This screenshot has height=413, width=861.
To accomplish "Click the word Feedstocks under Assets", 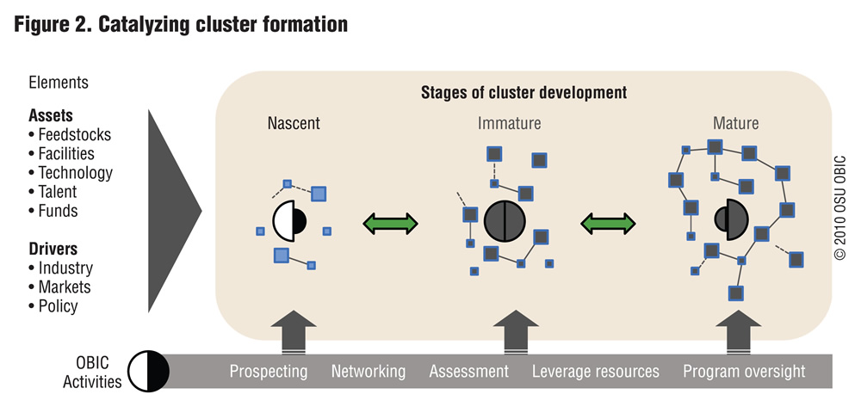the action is pos(75,135).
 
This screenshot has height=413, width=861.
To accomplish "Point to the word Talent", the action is pos(58,192).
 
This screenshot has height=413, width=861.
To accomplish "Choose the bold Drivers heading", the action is pos(53,249).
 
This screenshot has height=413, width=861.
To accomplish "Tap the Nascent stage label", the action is pos(294,123).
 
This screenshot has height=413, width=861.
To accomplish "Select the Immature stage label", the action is pos(509,123).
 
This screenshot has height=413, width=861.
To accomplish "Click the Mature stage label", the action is pos(736,123).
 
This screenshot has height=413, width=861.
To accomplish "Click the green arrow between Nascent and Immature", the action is pos(390,223).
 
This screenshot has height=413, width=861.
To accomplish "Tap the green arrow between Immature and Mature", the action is pos(608,223).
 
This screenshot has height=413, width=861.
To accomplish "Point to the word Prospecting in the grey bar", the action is pos(269,372).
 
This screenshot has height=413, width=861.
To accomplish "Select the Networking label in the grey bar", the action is pos(369,372).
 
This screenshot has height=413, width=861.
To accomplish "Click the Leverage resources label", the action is pos(596,372).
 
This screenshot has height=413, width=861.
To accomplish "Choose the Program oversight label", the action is pos(744,372).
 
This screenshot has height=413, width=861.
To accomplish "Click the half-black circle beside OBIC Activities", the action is pos(148,372).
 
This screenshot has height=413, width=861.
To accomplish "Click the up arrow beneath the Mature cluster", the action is pos(739,332).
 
